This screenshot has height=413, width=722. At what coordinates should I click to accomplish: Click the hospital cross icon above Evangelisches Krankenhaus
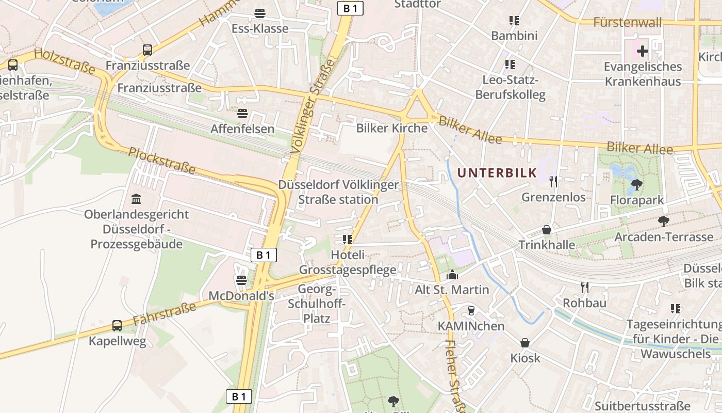click(x=642, y=51)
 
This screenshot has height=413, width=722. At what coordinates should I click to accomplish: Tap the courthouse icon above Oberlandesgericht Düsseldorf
click(x=136, y=199)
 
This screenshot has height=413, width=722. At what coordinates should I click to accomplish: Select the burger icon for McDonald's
click(x=241, y=280)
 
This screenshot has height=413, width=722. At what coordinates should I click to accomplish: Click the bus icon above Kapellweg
click(x=117, y=326)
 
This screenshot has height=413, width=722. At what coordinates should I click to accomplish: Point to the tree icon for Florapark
click(x=636, y=184)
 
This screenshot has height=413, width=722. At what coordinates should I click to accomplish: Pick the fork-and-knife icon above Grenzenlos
click(x=553, y=181)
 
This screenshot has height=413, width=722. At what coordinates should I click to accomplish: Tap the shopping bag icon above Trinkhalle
click(x=547, y=229)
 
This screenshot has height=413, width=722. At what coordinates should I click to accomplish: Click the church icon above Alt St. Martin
click(x=452, y=275)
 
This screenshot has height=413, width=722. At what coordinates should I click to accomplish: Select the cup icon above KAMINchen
click(x=470, y=310)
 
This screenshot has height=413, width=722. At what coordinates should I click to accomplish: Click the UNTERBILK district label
click(x=497, y=173)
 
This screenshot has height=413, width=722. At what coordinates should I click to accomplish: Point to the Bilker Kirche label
click(x=392, y=128)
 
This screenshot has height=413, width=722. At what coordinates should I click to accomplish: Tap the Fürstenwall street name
click(x=627, y=22)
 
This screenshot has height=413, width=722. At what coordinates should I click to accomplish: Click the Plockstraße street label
click(x=162, y=160)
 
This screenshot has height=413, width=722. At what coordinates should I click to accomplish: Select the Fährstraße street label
click(x=165, y=313)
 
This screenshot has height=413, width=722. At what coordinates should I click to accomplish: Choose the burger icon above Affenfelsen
click(x=242, y=113)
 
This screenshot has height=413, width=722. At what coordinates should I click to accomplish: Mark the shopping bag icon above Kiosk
click(x=525, y=343)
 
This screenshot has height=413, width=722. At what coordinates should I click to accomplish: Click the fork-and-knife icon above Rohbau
click(x=584, y=287)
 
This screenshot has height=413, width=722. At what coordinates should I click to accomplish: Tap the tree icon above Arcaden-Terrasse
click(x=663, y=221)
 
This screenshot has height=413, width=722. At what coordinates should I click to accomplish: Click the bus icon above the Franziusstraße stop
click(x=147, y=50)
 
